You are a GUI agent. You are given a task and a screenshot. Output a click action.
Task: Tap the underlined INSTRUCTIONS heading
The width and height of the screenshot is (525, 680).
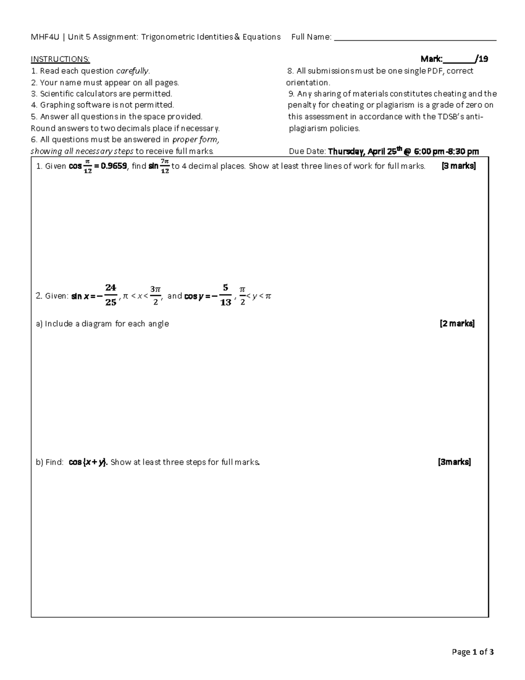60,59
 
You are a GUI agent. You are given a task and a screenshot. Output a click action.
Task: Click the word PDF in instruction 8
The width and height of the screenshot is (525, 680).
436,71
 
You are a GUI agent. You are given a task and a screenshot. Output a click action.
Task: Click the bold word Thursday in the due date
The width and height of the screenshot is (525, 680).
346,152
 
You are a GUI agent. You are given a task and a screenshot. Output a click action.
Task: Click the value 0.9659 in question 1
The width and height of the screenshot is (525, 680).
113,166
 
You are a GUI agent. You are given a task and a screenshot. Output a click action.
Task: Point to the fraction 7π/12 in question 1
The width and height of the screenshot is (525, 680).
164,166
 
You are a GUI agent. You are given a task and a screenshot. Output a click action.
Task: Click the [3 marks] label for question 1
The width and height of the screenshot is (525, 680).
458,166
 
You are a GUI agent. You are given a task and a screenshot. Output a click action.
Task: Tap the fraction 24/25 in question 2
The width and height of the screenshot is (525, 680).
111,295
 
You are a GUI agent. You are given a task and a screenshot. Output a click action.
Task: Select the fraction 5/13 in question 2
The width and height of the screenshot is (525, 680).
225,295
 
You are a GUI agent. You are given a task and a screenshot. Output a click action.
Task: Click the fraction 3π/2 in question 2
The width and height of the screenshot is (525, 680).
155,295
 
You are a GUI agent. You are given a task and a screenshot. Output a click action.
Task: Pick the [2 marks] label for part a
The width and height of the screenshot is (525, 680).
457,324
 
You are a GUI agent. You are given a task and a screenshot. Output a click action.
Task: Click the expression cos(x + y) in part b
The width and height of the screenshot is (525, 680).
88,462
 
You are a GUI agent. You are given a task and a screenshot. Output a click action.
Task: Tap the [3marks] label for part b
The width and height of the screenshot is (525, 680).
455,462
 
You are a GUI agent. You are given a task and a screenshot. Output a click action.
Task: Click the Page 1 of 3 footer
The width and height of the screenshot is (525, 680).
472,652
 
